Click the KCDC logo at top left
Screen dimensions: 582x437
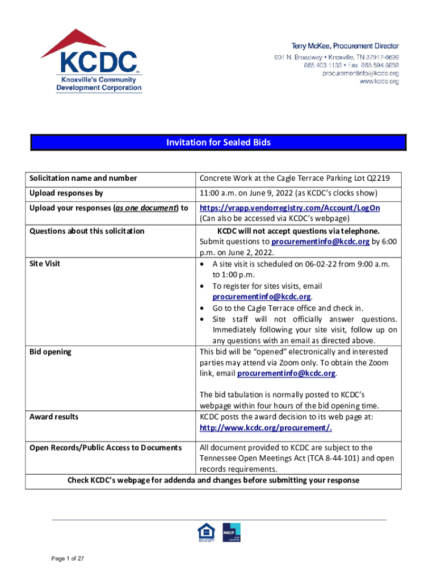pos(91,61)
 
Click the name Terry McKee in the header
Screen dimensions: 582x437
pos(314,45)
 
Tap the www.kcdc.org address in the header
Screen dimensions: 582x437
pos(379,82)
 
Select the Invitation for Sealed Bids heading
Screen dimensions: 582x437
pos(218,143)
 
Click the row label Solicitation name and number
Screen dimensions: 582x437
pos(83,178)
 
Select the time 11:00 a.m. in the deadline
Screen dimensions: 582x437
pos(216,193)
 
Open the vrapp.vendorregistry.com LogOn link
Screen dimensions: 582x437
pos(289,208)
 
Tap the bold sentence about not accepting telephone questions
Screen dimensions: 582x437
pos(298,231)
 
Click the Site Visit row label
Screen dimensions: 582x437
pos(45,264)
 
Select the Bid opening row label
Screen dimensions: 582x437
pos(51,352)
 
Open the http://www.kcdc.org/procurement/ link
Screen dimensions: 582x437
pos(266,427)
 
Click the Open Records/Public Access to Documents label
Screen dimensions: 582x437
pos(106,448)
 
